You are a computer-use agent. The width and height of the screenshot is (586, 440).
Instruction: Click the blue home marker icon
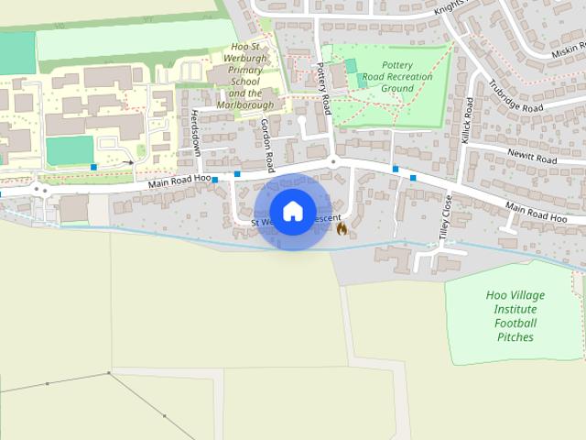click(292, 212)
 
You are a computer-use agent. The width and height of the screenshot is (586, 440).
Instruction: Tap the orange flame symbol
click(342, 227)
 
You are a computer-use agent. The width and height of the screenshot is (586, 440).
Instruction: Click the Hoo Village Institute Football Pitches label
click(515, 316)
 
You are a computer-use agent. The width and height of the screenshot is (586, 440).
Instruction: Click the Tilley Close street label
click(446, 218)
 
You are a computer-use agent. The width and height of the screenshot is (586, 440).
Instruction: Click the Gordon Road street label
click(267, 146)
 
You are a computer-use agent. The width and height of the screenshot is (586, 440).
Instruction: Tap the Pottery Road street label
click(322, 88)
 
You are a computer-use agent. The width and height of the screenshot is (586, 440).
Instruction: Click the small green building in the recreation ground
click(351, 67)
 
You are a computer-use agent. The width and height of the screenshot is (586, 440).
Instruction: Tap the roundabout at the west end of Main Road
click(39, 190)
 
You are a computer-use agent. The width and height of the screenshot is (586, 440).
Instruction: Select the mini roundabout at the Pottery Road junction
click(333, 161)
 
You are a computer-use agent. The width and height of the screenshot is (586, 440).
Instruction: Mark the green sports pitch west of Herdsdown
click(70, 149)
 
